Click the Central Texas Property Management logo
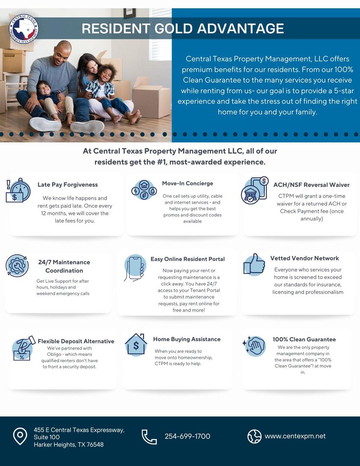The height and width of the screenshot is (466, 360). pyautogui.click(x=24, y=29)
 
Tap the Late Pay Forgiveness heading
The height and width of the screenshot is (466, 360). pyautogui.click(x=68, y=185)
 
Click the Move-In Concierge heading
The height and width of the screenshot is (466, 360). pyautogui.click(x=187, y=183)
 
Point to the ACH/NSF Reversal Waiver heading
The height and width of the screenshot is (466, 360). pyautogui.click(x=311, y=185)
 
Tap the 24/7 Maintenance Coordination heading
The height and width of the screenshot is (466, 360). pyautogui.click(x=64, y=266)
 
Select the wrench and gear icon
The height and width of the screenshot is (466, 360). pyautogui.click(x=17, y=266)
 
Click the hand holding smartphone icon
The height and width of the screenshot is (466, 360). pyautogui.click(x=135, y=268)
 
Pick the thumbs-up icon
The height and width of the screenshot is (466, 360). pyautogui.click(x=254, y=264)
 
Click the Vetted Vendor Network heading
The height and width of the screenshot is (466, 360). pyautogui.click(x=305, y=258)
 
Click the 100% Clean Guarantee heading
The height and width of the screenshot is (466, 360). pyautogui.click(x=304, y=339)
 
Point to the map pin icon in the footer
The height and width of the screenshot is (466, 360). pyautogui.click(x=20, y=436)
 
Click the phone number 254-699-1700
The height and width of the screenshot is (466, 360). pyautogui.click(x=187, y=436)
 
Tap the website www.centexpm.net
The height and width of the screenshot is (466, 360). pyautogui.click(x=295, y=436)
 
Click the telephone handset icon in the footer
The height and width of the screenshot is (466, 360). pyautogui.click(x=149, y=437)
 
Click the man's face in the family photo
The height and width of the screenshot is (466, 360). pyautogui.click(x=63, y=51)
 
